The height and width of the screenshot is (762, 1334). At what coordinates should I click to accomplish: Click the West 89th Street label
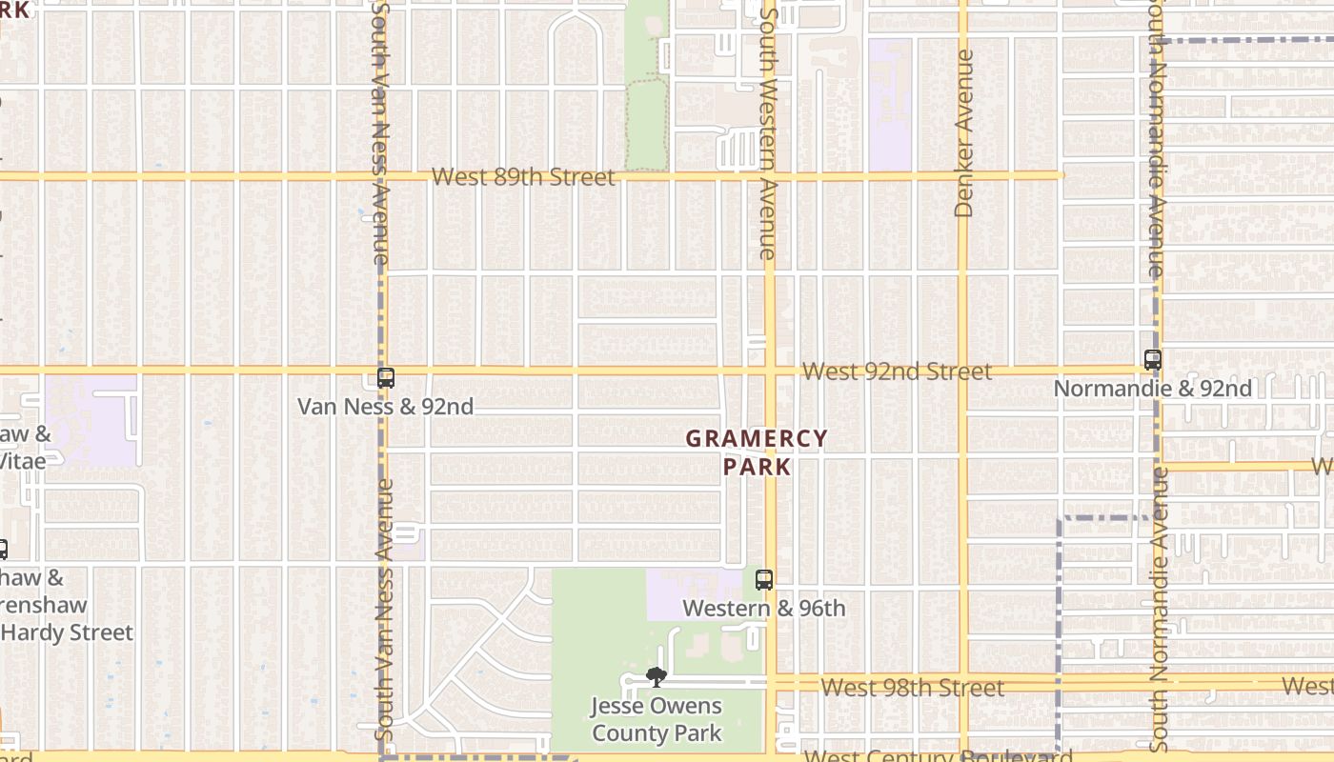[x=523, y=177]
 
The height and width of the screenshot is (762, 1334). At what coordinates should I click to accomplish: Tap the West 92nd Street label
[x=897, y=371]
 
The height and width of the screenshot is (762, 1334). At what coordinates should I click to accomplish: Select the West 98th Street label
[x=912, y=688]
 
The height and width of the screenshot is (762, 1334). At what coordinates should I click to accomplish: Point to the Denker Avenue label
[x=963, y=133]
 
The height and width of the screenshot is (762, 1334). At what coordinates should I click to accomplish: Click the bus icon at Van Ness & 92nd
[x=386, y=378]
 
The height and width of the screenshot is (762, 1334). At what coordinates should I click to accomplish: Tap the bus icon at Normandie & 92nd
[x=1153, y=360]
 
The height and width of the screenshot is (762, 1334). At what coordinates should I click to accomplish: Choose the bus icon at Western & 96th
[x=764, y=579]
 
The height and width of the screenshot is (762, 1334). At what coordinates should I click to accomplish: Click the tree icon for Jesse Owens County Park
[x=656, y=677]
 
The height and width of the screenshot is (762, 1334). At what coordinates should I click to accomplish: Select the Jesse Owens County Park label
[x=657, y=720]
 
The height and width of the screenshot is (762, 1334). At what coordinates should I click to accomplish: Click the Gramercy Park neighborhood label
[x=757, y=452]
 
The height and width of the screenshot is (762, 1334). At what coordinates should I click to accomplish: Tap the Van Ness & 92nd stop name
[x=385, y=407]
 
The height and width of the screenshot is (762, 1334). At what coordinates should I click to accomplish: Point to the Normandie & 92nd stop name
[x=1153, y=389]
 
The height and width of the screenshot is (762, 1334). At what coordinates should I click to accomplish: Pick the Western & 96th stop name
[x=764, y=608]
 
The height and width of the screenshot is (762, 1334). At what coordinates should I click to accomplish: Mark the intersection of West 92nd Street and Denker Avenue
[x=962, y=370]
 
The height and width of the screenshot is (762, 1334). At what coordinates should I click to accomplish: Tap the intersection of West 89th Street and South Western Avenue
[x=769, y=176]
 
